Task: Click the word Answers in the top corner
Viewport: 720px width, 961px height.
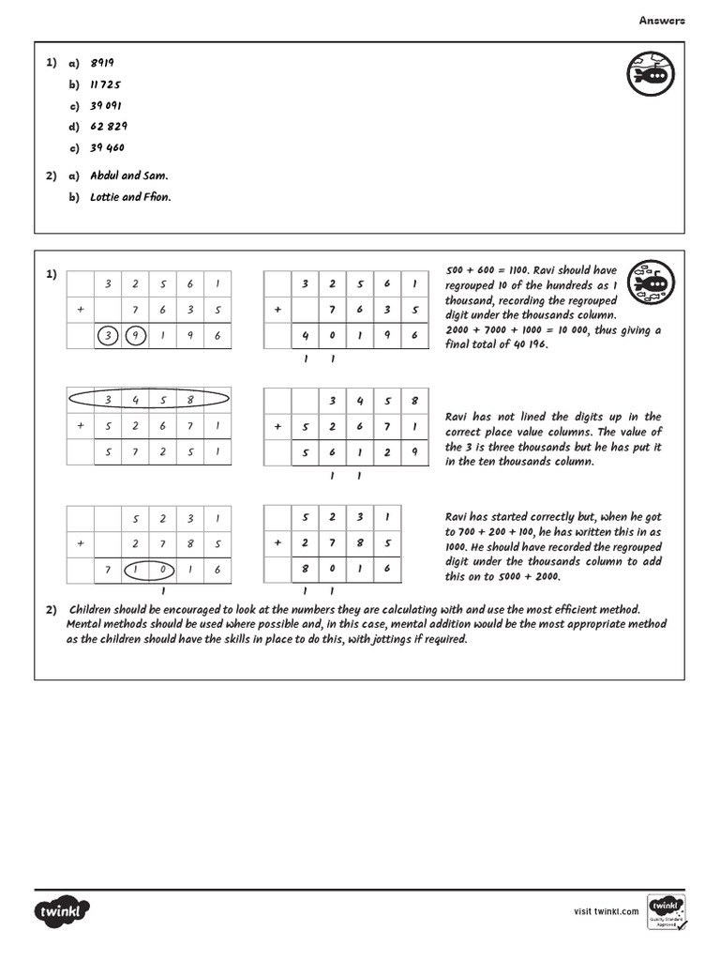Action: [x=662, y=20]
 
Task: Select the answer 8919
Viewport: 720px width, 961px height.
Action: [x=102, y=63]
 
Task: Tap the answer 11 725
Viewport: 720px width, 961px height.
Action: [x=106, y=84]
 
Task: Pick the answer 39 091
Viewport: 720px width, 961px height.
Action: [x=106, y=105]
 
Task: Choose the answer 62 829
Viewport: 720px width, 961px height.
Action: [x=109, y=127]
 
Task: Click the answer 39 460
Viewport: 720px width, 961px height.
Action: [x=107, y=147]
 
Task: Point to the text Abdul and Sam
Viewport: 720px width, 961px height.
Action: [x=129, y=175]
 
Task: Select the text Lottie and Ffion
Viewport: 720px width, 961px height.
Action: [x=130, y=197]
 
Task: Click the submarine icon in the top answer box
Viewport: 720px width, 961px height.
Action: [x=649, y=74]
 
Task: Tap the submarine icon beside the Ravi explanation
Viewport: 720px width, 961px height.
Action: [x=649, y=282]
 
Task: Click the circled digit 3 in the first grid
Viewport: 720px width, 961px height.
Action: [x=109, y=336]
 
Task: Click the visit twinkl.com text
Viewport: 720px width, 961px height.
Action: [x=606, y=911]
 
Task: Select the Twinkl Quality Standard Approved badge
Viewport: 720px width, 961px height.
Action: [x=666, y=911]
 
